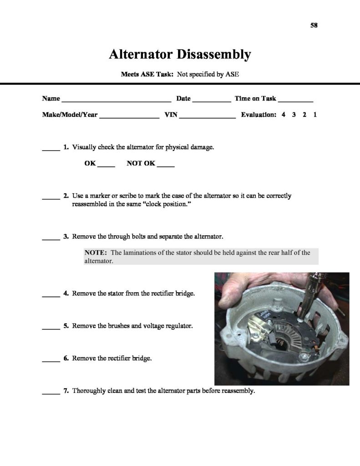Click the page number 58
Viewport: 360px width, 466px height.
(x=314, y=25)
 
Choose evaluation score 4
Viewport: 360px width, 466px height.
(x=283, y=115)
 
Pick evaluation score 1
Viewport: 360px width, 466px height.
(x=315, y=115)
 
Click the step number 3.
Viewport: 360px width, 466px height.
(x=66, y=237)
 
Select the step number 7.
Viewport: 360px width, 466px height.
(x=66, y=391)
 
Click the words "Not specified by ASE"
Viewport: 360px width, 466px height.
(x=208, y=74)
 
